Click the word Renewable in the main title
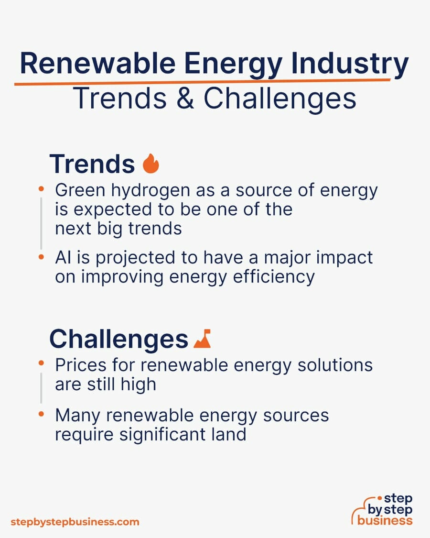(98, 63)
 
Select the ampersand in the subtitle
(185, 98)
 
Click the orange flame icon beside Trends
(151, 164)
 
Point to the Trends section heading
(92, 164)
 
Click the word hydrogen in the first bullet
(150, 191)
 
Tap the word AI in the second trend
(64, 257)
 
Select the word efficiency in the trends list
(274, 277)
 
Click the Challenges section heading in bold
(118, 339)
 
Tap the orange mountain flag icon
(202, 339)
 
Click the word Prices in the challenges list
(81, 365)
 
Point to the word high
(138, 384)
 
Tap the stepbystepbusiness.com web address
(75, 522)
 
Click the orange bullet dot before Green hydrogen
(41, 188)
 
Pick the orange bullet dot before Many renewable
(41, 414)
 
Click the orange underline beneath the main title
(202, 82)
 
